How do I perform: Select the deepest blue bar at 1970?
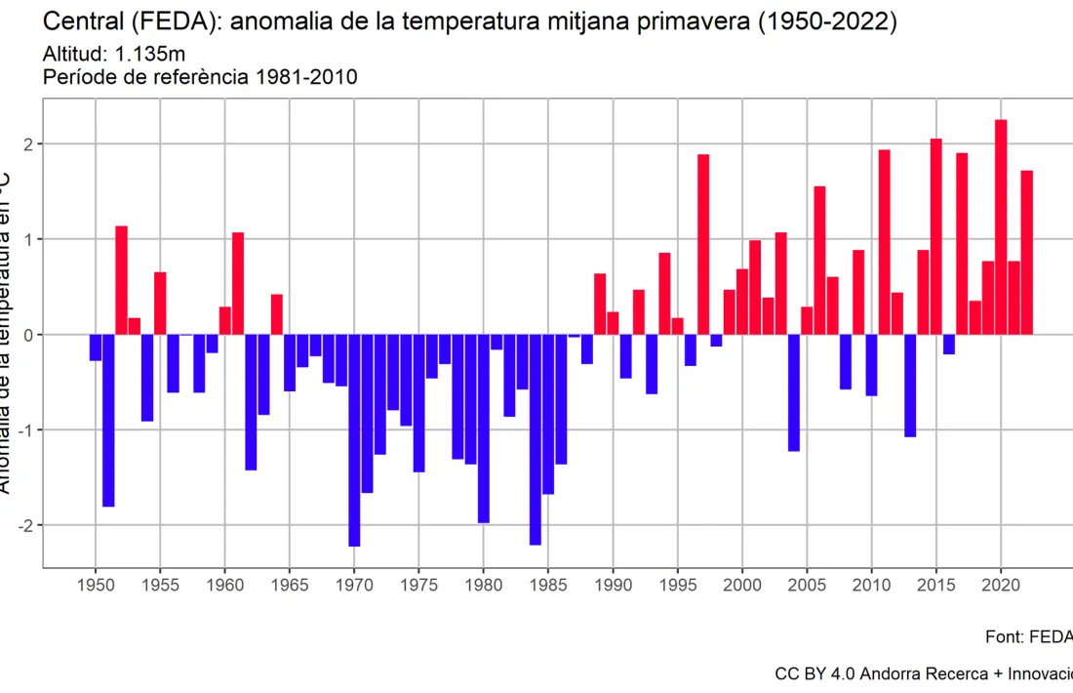point(354,440)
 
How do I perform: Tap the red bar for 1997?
point(703,244)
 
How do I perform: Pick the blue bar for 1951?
point(108,421)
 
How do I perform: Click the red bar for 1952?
point(121,280)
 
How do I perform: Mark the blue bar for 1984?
point(536,439)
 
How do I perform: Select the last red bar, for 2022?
point(1026,253)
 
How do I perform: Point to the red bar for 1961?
point(238,283)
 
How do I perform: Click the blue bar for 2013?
point(910,386)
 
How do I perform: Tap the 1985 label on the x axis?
point(548,586)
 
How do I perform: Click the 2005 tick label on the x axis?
point(807,586)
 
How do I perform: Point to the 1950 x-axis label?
point(96,586)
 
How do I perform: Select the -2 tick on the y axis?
point(28,525)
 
